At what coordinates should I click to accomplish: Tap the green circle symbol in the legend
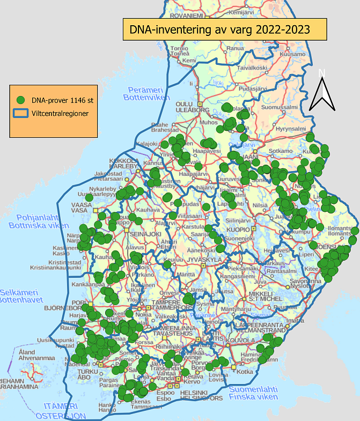(x=21, y=100)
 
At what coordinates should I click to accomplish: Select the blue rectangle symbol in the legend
(x=21, y=113)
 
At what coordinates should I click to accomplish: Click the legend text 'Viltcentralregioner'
(x=60, y=113)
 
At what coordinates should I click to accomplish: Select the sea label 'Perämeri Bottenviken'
(x=143, y=93)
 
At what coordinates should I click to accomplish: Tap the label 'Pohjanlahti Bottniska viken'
(x=36, y=221)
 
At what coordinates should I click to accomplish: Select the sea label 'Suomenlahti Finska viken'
(x=253, y=393)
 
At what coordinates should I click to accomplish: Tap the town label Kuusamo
(x=291, y=55)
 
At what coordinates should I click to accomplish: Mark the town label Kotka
(x=245, y=372)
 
